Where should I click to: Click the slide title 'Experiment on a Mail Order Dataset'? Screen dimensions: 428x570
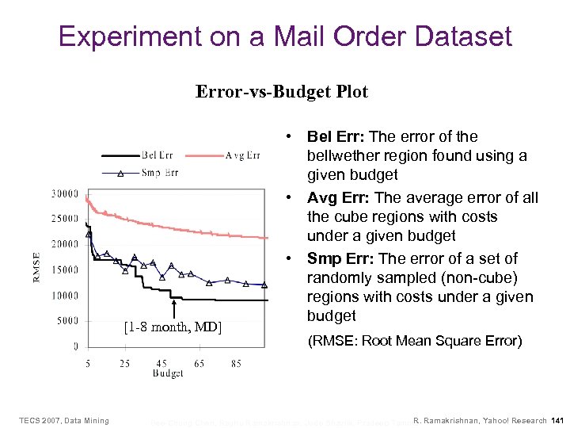point(285,36)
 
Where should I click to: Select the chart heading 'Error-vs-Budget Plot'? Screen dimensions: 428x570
point(282,92)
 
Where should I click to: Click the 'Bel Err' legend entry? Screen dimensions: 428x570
point(158,155)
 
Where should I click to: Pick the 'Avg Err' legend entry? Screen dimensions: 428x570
point(242,155)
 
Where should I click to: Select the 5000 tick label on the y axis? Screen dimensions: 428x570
point(67,321)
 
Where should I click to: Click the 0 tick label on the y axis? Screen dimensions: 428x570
point(76,346)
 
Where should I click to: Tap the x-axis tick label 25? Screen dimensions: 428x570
point(125,363)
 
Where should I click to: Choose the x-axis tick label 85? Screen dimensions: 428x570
point(237,363)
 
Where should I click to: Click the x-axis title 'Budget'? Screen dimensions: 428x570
point(168,373)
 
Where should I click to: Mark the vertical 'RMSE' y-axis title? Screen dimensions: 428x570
point(36,267)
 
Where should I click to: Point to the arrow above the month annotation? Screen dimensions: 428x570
point(173,306)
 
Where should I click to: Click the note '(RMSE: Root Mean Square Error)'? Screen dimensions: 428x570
point(414,341)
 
